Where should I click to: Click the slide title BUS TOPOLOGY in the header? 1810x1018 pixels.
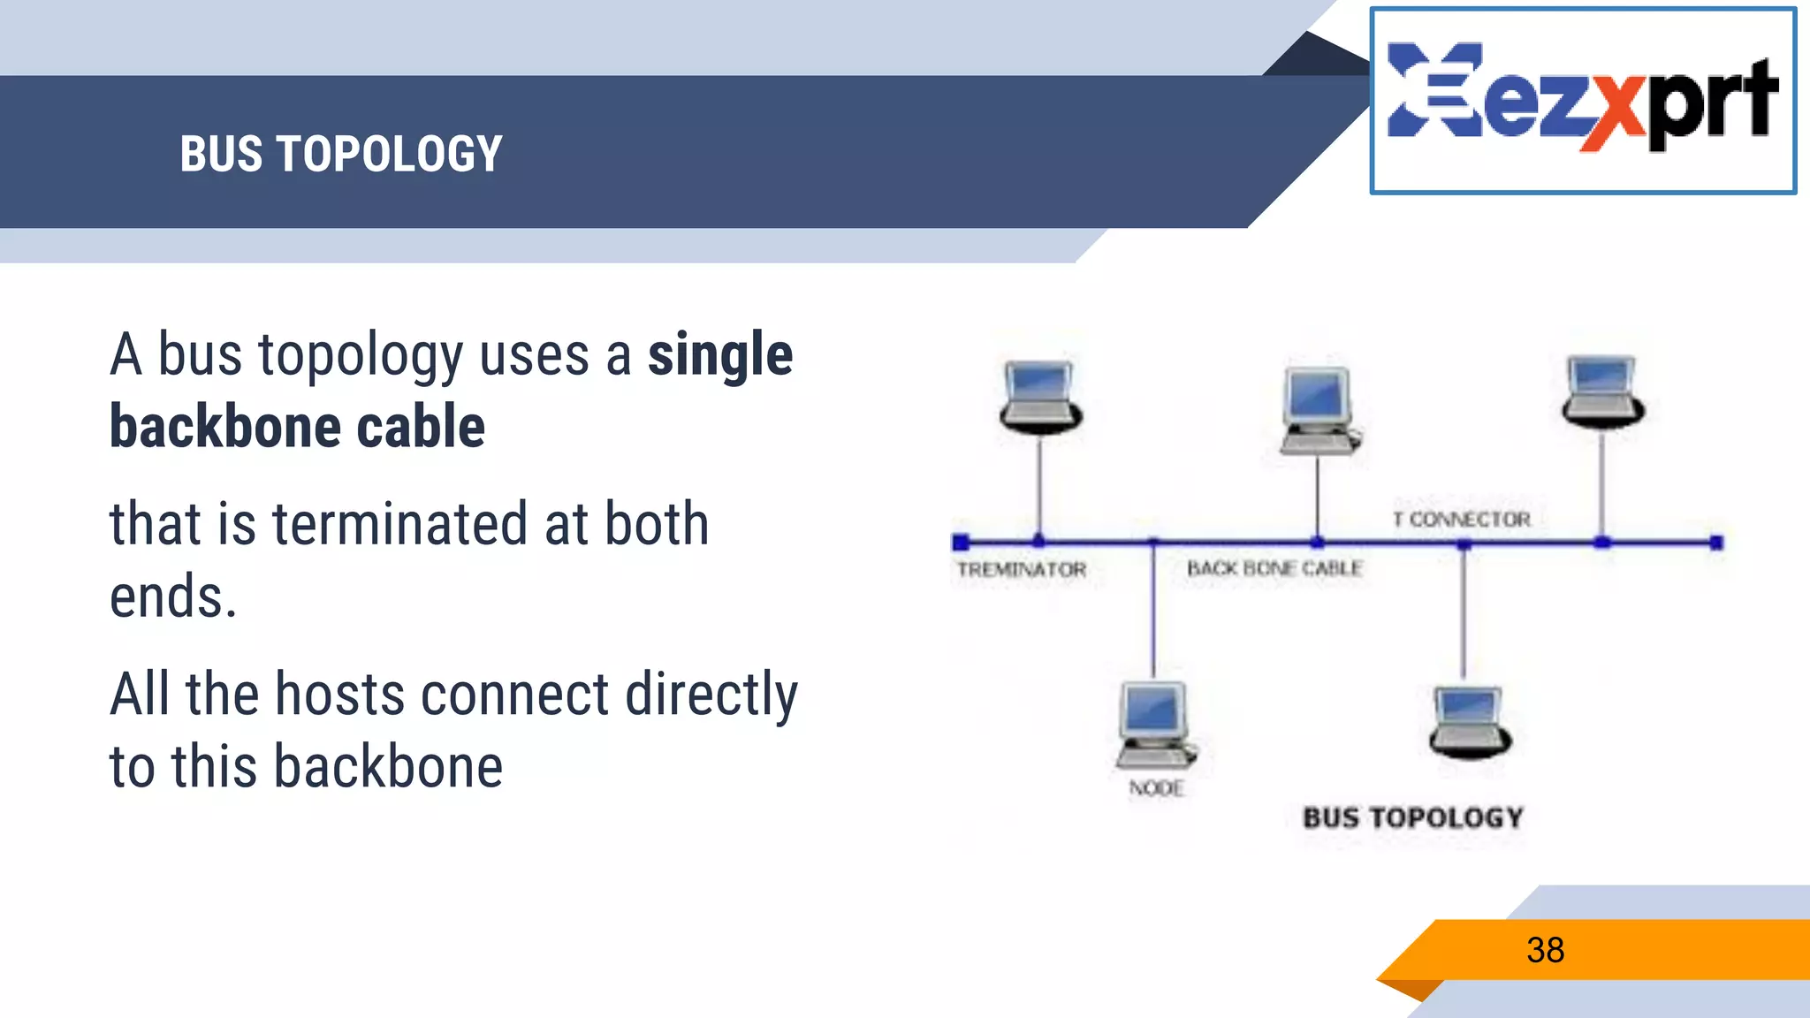(341, 154)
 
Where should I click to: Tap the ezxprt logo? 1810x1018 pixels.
(1582, 99)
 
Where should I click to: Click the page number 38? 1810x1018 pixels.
(1545, 951)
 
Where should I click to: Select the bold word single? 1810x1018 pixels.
(720, 355)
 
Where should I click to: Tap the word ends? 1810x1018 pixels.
(173, 597)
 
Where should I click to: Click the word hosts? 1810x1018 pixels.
(339, 695)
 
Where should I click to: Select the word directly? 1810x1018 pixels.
(711, 695)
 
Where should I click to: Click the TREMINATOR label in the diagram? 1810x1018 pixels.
(1021, 570)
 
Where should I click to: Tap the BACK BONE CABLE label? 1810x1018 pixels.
(1274, 568)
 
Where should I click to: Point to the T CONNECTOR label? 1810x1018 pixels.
(1461, 520)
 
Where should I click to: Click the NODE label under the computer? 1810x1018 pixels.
(1156, 788)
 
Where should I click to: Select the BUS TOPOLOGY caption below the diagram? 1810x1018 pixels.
(1412, 818)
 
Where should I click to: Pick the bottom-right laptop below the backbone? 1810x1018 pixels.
(1469, 722)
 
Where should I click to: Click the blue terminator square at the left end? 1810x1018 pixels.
(961, 543)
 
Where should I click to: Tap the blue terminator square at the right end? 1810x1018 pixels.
(1715, 543)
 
